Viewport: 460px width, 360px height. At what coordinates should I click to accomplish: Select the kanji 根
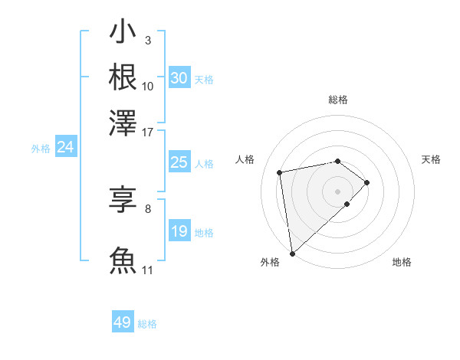tap(123, 78)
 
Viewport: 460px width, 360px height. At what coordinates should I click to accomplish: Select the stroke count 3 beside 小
tap(147, 40)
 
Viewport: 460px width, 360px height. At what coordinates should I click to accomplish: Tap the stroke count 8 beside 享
tap(147, 208)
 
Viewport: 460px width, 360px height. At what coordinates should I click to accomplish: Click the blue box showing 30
tap(179, 78)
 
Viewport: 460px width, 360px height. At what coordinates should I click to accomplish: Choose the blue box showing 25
tap(179, 162)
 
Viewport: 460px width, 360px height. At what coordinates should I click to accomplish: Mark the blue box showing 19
tap(179, 231)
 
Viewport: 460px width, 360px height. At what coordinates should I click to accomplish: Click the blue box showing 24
tap(65, 148)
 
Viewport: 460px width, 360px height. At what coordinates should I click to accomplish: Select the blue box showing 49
tap(123, 322)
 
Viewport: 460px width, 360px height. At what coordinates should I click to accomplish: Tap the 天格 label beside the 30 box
tap(204, 79)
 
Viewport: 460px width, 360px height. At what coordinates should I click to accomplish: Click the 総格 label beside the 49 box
tap(147, 324)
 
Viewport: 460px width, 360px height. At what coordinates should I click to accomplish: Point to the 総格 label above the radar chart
tap(338, 100)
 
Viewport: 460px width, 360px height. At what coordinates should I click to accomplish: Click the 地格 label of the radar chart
tap(402, 262)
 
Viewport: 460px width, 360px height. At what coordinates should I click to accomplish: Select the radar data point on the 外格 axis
tap(292, 254)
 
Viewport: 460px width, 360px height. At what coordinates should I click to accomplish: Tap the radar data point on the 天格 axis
tap(367, 182)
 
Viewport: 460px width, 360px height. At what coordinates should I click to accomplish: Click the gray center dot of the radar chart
tap(338, 191)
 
